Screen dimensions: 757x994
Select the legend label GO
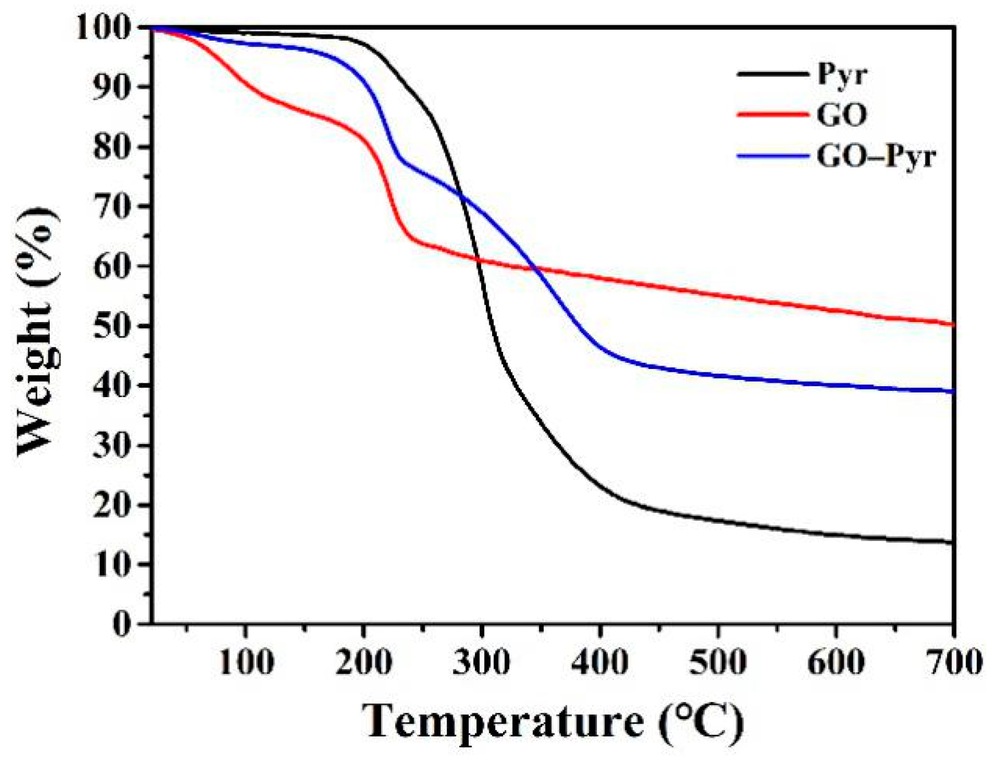tap(841, 115)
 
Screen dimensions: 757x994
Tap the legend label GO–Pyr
tap(876, 156)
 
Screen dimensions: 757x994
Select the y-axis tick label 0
tap(122, 623)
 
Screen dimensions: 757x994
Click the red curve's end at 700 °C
tap(952, 324)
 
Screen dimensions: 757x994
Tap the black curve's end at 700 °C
tap(952, 542)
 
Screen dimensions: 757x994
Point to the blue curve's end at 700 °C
tap(952, 391)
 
